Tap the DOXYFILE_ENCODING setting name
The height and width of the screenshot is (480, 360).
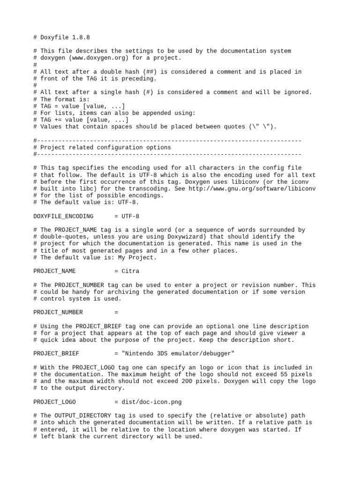tap(63, 216)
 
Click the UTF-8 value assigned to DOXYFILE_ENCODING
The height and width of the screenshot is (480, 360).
tap(130, 216)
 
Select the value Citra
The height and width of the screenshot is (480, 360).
tap(130, 271)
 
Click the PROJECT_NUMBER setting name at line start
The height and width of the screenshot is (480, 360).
tap(58, 312)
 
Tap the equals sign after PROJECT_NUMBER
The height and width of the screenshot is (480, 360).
tap(116, 312)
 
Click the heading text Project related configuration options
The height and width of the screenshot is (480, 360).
tap(105, 147)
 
